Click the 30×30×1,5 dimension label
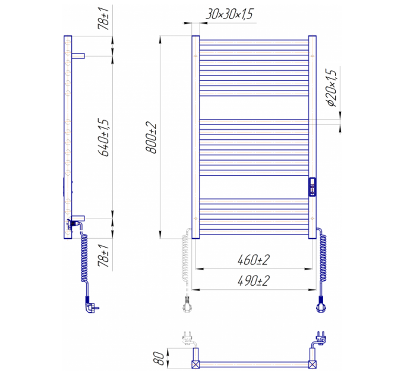(229, 14)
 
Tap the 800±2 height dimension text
(151, 137)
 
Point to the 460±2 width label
(253, 260)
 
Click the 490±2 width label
(253, 280)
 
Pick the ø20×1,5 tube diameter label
(332, 87)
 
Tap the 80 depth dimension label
(160, 358)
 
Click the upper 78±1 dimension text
(105, 19)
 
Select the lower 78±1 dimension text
(104, 255)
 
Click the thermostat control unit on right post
(313, 187)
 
